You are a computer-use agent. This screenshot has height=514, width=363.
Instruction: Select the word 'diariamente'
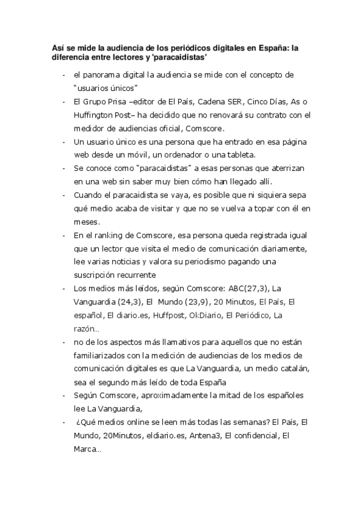click(x=284, y=249)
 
